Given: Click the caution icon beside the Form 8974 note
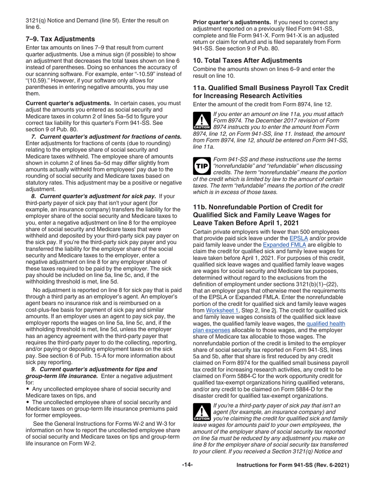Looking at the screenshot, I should pyautogui.click(x=202, y=121).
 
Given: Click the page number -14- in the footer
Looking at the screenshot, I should pyautogui.click(x=187, y=465).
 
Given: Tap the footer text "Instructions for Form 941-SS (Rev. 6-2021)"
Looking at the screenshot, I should pyautogui.click(x=292, y=465).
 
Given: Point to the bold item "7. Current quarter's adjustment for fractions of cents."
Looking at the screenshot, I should pyautogui.click(x=106, y=137).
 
